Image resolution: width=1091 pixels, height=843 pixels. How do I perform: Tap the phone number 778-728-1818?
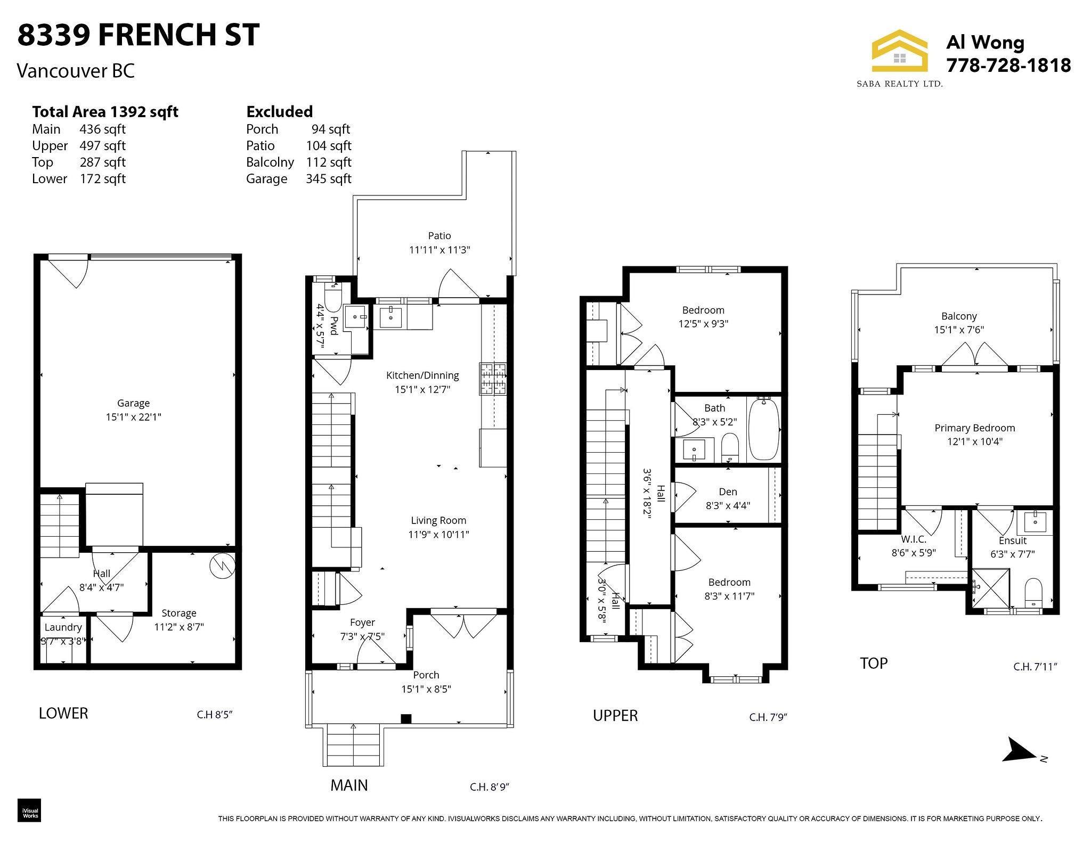point(1008,65)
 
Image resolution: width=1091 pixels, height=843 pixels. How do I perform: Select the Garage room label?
point(133,403)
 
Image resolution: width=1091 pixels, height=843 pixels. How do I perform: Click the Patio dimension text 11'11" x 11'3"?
point(439,249)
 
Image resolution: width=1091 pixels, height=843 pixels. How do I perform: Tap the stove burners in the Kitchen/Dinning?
point(493,379)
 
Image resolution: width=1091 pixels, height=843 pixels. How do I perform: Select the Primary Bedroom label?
point(975,428)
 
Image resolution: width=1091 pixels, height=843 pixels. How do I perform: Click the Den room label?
point(728,492)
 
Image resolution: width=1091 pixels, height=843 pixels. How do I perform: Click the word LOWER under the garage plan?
point(63,713)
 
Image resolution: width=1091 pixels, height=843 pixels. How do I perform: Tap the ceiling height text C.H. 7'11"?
point(1035,666)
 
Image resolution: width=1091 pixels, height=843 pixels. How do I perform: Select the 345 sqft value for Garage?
point(328,178)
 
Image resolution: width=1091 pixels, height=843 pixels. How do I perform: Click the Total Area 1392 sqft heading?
point(105,111)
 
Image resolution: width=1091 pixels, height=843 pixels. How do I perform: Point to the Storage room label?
point(179,613)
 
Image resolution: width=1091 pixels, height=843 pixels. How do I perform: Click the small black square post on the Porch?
point(406,718)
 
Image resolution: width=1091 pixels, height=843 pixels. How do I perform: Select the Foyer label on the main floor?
point(362,622)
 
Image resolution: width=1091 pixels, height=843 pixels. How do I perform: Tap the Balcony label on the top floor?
point(959,316)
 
